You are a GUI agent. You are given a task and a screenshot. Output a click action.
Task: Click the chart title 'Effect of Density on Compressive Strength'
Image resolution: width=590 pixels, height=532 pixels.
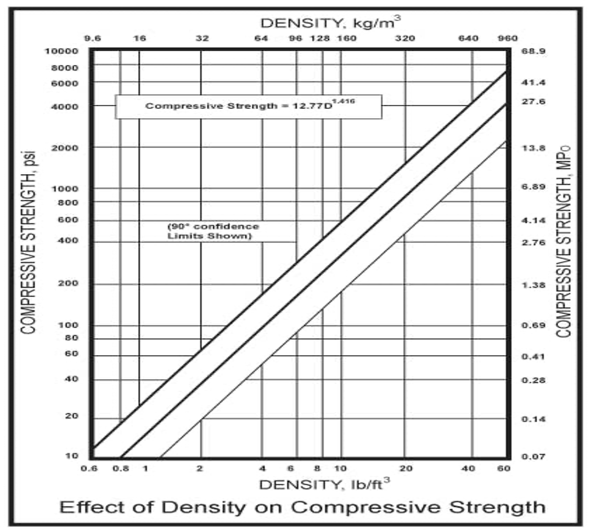302,507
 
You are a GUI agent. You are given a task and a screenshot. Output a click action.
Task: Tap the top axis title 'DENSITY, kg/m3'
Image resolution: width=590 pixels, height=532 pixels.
330,22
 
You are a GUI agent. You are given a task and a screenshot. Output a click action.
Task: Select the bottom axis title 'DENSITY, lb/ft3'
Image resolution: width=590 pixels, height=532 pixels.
324,484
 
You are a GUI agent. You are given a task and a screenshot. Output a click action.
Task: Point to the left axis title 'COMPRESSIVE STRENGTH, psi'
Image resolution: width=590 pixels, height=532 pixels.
29,242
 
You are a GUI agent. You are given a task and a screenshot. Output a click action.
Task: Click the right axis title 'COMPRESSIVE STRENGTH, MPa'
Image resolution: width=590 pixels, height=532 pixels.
564,241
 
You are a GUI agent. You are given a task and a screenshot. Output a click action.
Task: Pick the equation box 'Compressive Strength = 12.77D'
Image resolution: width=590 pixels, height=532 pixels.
249,106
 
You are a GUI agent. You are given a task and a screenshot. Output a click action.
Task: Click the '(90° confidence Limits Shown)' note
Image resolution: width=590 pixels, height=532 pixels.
213,231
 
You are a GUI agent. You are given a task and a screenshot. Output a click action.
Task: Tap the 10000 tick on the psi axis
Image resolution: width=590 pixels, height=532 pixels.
62,51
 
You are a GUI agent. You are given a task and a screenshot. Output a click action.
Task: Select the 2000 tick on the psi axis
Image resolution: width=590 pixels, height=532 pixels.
65,148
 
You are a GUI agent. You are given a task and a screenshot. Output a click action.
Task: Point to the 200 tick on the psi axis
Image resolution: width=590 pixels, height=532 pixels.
68,283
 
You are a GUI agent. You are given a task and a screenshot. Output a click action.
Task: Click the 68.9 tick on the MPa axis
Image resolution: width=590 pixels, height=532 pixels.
533,51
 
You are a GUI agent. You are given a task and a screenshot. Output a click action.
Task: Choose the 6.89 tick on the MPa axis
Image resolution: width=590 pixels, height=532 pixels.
533,187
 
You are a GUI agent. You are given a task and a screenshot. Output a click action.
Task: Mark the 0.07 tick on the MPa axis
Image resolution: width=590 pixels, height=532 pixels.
533,456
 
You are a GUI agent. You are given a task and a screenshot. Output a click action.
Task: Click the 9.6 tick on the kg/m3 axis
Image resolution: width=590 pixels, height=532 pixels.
92,39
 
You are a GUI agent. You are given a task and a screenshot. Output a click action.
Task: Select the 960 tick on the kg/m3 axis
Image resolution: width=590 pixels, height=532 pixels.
507,39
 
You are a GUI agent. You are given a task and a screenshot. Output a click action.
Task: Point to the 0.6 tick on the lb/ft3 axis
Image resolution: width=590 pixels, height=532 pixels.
89,468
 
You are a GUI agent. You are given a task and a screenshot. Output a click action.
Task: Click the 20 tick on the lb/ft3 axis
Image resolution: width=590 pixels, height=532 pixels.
405,468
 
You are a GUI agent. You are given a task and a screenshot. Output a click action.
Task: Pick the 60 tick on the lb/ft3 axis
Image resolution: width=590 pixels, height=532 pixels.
504,468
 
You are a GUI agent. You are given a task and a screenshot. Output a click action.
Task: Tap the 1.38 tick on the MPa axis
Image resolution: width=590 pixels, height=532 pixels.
533,285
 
